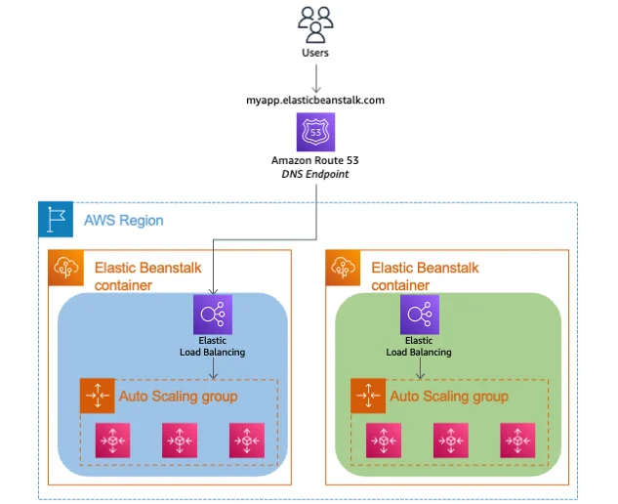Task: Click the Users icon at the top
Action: (x=315, y=23)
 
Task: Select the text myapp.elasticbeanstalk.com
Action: (x=315, y=99)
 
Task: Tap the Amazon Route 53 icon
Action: (x=315, y=131)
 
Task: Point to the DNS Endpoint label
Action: (x=315, y=173)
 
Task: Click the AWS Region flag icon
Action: (x=55, y=220)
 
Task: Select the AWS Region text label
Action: (x=123, y=221)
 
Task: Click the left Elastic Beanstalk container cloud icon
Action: (x=65, y=267)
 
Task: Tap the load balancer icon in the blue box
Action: (x=212, y=314)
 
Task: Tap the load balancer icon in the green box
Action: (x=419, y=314)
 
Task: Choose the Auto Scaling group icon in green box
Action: (x=368, y=396)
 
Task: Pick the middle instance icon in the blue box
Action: (x=179, y=441)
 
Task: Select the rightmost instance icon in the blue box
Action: (x=245, y=441)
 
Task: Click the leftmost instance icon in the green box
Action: (x=383, y=441)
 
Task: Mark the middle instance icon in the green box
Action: (x=450, y=441)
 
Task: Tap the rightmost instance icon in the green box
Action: (x=516, y=441)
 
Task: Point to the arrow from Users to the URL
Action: (x=315, y=76)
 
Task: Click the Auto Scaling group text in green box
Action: (x=448, y=396)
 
